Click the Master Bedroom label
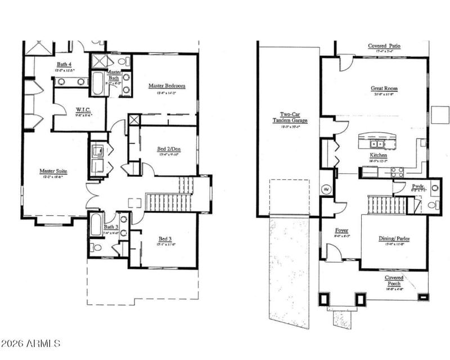click(166, 86)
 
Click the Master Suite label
click(54, 171)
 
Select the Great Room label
click(384, 88)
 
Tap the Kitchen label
click(377, 155)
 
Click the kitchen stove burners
click(397, 171)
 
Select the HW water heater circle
click(325, 190)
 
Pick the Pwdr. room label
click(417, 185)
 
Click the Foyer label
click(341, 231)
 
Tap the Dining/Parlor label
click(394, 238)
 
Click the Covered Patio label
click(385, 46)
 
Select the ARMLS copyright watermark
click(31, 343)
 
